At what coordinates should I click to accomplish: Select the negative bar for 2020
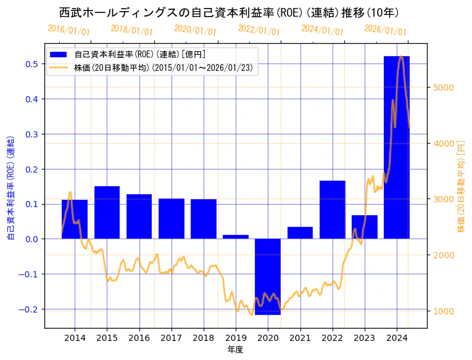pyautogui.click(x=268, y=276)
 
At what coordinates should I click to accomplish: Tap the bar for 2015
pyautogui.click(x=107, y=212)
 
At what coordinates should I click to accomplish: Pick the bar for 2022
pyautogui.click(x=332, y=210)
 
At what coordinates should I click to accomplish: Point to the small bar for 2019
pyautogui.click(x=236, y=237)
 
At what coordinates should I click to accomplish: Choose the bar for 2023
pyautogui.click(x=364, y=227)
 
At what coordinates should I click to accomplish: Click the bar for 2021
pyautogui.click(x=300, y=233)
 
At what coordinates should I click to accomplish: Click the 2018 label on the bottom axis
pyautogui.click(x=204, y=338)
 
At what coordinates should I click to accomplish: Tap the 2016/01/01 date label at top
pyautogui.click(x=69, y=30)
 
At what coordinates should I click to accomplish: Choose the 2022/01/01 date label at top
pyautogui.click(x=259, y=30)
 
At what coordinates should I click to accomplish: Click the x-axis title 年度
pyautogui.click(x=236, y=350)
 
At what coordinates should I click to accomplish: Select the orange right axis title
pyautogui.click(x=461, y=186)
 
